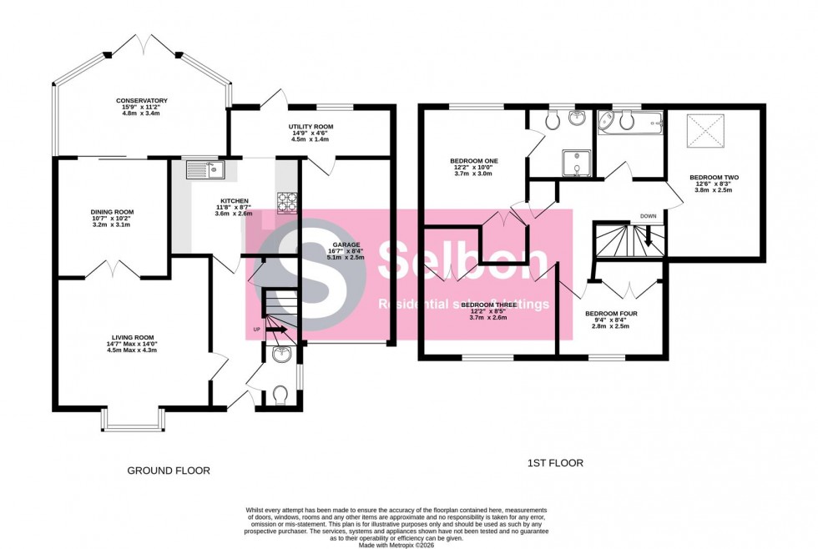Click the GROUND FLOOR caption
point(168,471)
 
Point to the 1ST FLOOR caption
point(554,462)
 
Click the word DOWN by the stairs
point(648,216)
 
